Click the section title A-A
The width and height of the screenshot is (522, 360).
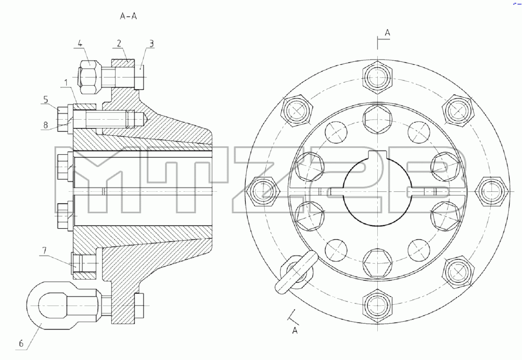pyautogui.click(x=128, y=16)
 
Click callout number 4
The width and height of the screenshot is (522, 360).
pyautogui.click(x=80, y=44)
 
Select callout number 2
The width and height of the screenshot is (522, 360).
pyautogui.click(x=119, y=43)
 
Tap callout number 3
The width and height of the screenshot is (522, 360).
pyautogui.click(x=151, y=44)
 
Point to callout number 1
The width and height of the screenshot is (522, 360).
pyautogui.click(x=66, y=83)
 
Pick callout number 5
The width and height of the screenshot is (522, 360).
pyautogui.click(x=46, y=100)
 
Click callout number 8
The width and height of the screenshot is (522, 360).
pyautogui.click(x=46, y=125)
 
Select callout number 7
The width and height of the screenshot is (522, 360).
pyautogui.click(x=44, y=251)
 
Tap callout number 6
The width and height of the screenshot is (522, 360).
pyautogui.click(x=21, y=343)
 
